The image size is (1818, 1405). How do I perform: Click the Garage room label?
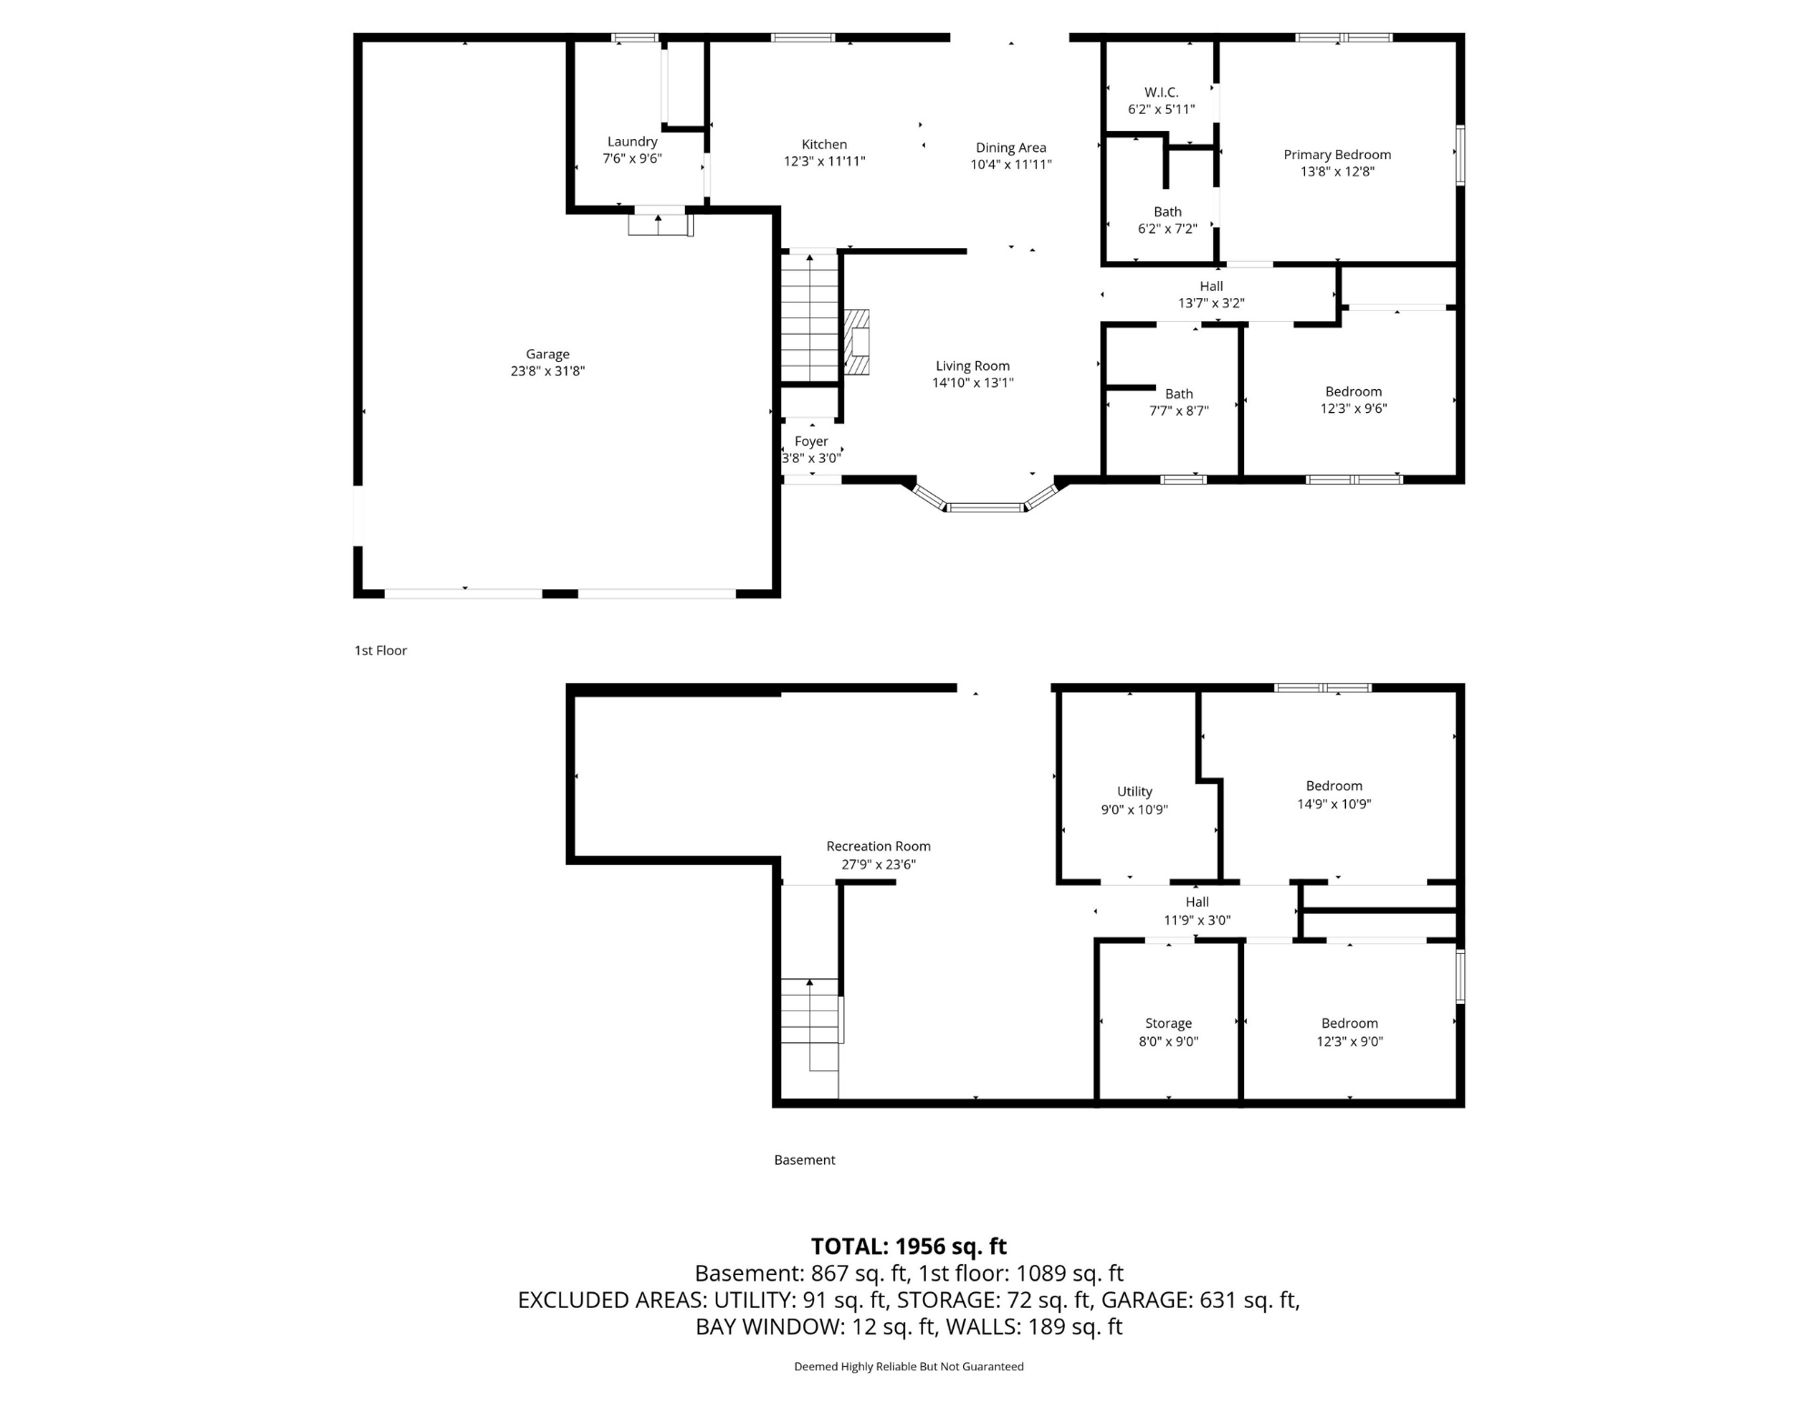coord(547,355)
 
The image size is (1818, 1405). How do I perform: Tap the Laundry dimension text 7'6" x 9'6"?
coord(632,158)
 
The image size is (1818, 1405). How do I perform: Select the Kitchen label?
coord(824,145)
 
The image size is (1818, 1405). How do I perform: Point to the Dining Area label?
coord(1010,147)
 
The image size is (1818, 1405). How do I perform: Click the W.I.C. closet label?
coord(1160,93)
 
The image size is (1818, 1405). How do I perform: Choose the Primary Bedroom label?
coord(1337,155)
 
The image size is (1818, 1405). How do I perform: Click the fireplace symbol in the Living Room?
coord(857,342)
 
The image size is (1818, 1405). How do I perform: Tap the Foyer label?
coord(810,441)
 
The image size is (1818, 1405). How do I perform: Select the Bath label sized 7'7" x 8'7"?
coord(1179,394)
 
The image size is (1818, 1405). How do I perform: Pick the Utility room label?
coord(1134,791)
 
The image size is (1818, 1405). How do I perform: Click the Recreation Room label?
coord(878,846)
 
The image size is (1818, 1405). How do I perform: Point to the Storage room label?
coord(1168,1023)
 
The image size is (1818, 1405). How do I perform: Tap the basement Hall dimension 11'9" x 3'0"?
coord(1197,919)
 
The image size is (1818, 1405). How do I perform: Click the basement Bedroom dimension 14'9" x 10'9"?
coord(1333,803)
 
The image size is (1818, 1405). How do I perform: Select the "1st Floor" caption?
coord(380,650)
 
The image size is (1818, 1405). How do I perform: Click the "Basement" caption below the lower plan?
coord(804,1159)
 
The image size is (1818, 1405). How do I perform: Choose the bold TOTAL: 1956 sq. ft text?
coord(909,1246)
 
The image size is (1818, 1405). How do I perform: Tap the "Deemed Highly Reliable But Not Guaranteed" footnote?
coord(909,1366)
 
